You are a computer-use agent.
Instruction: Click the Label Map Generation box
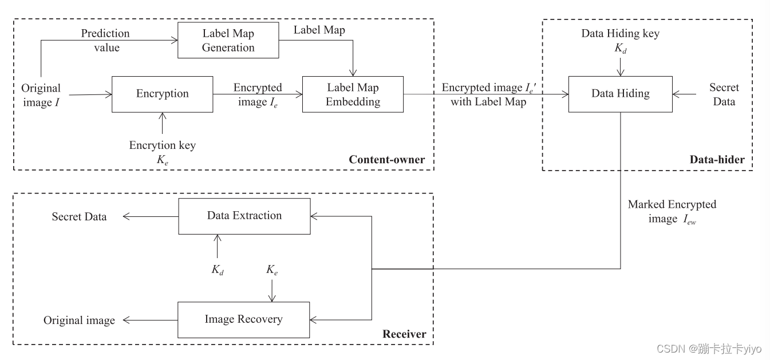[228, 41]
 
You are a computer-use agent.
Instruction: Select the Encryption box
[162, 94]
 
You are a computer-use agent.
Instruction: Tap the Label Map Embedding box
[353, 94]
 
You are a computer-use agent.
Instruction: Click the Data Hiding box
[620, 94]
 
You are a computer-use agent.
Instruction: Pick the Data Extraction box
[244, 216]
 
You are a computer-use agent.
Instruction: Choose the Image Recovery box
[244, 319]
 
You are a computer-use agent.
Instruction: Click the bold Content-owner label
[387, 160]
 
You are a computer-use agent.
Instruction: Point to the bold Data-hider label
[717, 160]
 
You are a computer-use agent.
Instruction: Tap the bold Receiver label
[404, 334]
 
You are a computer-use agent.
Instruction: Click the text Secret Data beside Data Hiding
[724, 94]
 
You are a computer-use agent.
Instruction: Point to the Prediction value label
[106, 41]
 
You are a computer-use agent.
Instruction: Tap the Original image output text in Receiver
[79, 321]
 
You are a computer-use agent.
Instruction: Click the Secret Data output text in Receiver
[79, 217]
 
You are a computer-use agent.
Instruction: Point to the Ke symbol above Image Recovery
[272, 269]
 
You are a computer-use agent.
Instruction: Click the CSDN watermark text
[709, 349]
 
